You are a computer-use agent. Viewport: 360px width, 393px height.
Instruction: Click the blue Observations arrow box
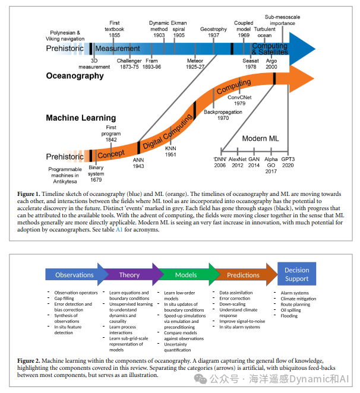(x=74, y=275)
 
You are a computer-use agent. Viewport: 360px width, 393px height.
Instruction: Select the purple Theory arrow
(x=130, y=275)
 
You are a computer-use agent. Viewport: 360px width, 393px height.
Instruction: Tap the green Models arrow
(x=186, y=275)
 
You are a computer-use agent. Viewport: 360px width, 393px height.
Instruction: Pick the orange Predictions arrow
(x=243, y=275)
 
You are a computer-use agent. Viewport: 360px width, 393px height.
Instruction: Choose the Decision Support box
(x=296, y=274)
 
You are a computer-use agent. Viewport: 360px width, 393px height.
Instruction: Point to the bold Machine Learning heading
(x=81, y=118)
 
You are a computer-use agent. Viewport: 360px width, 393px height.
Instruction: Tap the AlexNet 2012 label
(x=238, y=163)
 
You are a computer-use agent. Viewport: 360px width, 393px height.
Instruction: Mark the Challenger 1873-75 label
(x=128, y=64)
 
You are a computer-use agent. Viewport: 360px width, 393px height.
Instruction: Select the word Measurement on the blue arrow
(x=118, y=48)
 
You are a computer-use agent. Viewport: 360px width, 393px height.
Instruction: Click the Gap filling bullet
(x=66, y=299)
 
